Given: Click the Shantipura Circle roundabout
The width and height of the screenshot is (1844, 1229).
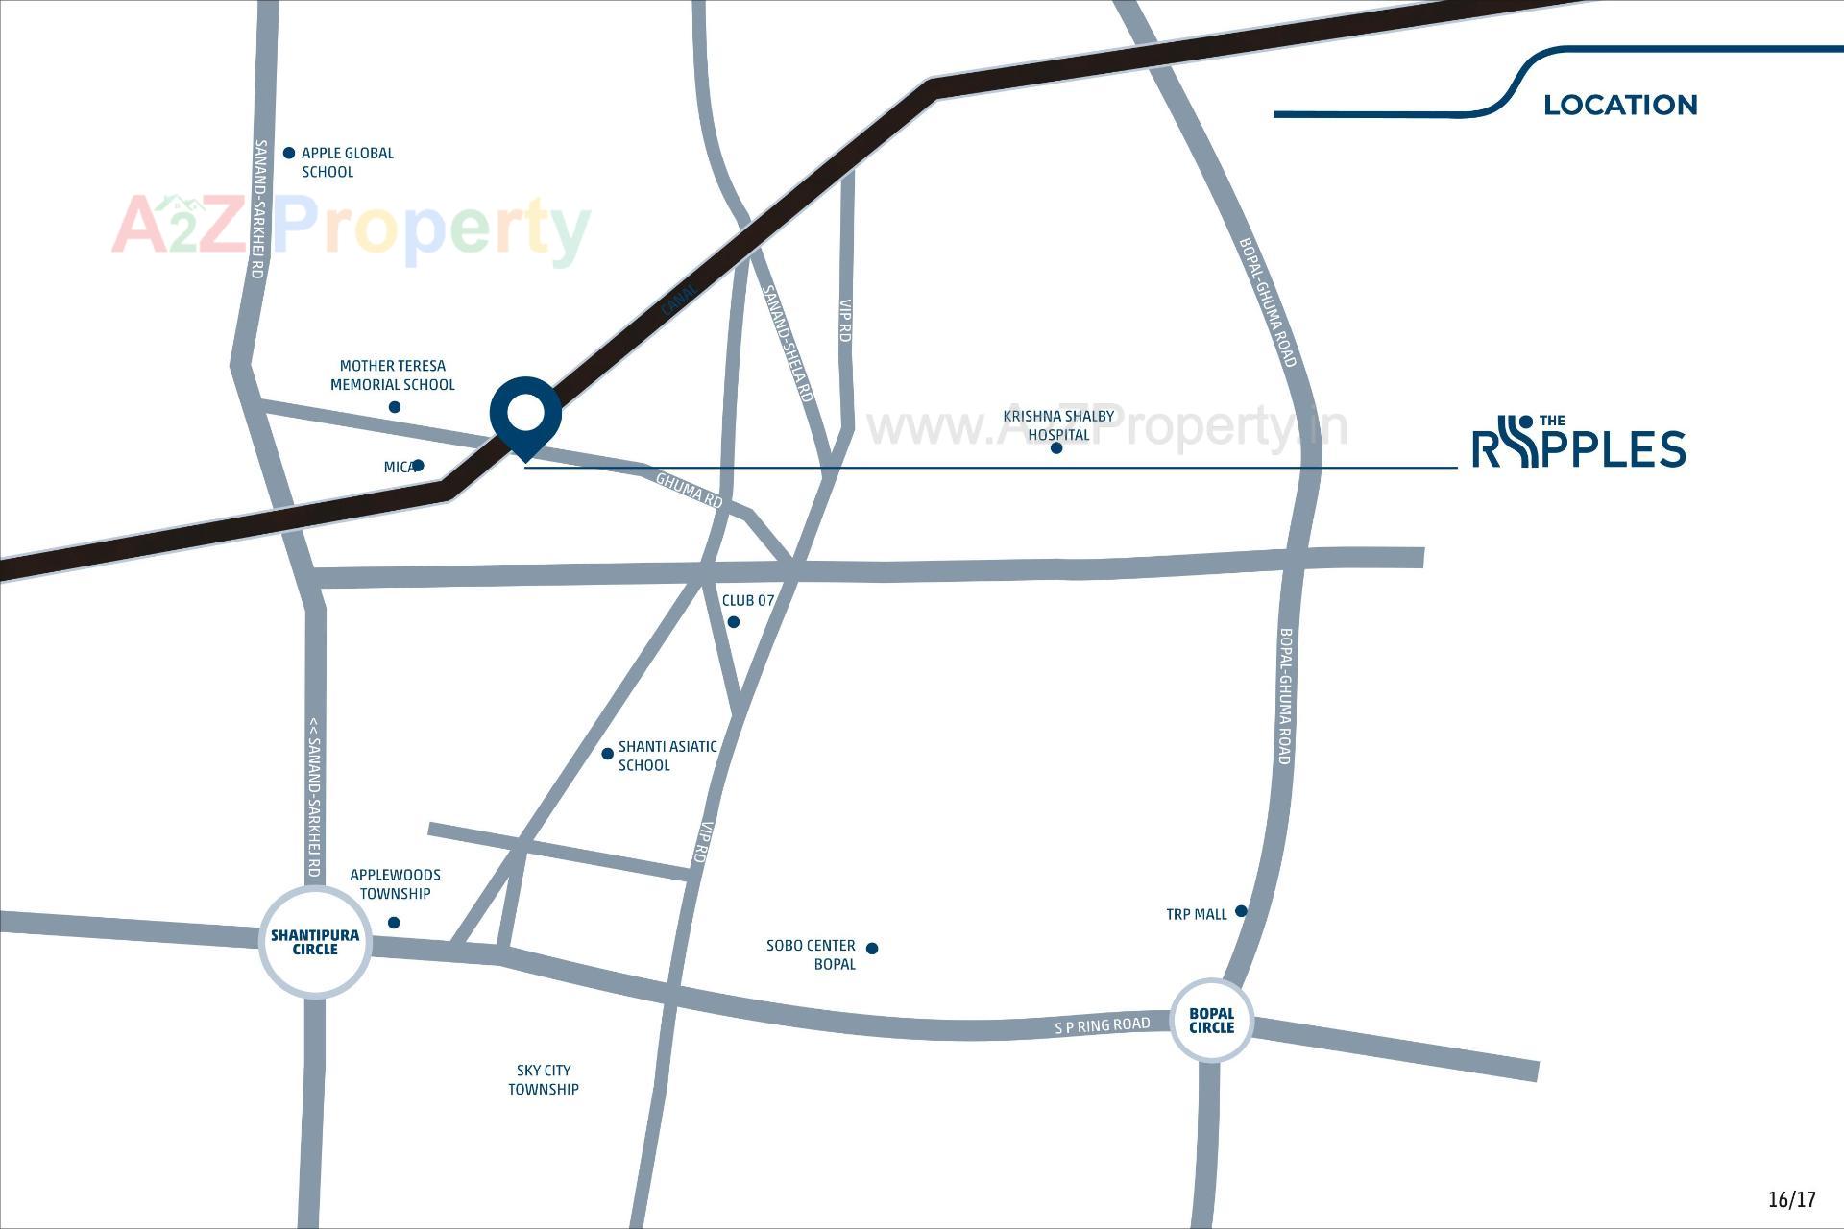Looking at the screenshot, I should coord(315,942).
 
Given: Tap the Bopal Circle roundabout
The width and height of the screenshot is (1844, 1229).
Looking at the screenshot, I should coord(1211,1020).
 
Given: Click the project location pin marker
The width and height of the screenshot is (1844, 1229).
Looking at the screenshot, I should coord(525,414).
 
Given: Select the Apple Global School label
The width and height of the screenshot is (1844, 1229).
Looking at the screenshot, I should coord(347,162).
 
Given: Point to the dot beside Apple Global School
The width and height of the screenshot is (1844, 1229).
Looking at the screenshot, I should coord(289,153).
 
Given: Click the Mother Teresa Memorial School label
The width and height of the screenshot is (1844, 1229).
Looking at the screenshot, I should coord(392,375).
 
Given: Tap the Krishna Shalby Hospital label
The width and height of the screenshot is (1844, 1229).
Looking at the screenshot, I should coord(1058,424).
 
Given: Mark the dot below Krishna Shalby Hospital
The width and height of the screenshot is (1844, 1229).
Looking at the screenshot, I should coord(1056,447).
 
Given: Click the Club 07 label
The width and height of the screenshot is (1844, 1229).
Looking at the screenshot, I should coord(747,600).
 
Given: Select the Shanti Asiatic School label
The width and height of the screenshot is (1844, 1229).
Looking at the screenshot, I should coord(667,756).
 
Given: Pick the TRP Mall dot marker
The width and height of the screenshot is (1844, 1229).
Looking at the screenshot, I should coord(1241,910).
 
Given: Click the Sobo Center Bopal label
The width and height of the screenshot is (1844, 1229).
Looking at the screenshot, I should coord(812,954).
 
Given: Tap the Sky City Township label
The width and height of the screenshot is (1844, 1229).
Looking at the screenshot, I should coord(544,1079).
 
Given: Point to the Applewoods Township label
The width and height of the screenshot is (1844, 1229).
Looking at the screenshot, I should coord(395,883).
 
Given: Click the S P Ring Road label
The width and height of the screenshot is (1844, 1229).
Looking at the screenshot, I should coord(1102,1025).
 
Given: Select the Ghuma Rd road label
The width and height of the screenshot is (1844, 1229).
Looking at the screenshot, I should coord(689,490).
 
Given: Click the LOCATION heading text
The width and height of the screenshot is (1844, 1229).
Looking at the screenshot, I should coord(1620,105).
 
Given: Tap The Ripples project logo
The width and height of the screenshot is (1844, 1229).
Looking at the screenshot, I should coord(1579,443).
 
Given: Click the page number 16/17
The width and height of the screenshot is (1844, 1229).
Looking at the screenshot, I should coord(1791,1199).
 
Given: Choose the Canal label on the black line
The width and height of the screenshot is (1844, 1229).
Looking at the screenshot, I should coord(680,300).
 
